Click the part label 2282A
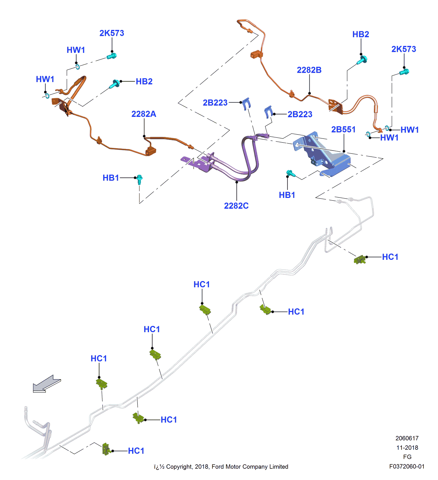144,114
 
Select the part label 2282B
309,70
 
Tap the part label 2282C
236,206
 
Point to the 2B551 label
343,130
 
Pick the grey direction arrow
47,384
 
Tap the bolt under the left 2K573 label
112,56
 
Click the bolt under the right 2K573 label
404,72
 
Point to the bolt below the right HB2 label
362,60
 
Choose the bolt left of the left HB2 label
115,84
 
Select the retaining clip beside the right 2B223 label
268,112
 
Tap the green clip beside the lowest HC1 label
106,449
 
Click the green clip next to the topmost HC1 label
360,259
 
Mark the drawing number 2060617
407,438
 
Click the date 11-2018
407,448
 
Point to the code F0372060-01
407,466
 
